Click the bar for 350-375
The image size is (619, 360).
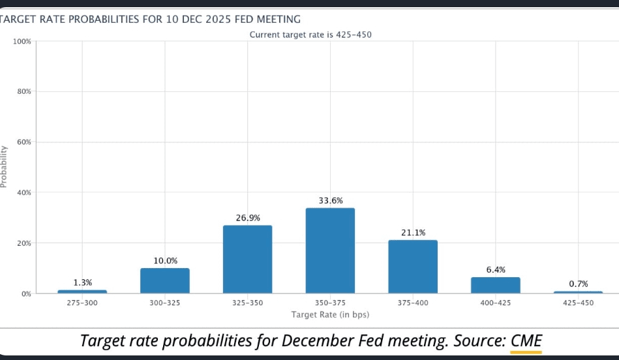click(x=330, y=250)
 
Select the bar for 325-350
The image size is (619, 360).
click(x=247, y=259)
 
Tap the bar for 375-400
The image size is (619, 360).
click(x=413, y=266)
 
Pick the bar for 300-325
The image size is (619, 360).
click(x=165, y=280)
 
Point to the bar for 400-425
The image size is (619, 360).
click(x=496, y=285)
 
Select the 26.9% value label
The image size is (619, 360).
click(x=248, y=217)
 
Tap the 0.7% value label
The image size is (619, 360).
click(x=579, y=284)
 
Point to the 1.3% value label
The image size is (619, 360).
click(x=83, y=282)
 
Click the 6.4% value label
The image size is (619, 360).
click(x=496, y=269)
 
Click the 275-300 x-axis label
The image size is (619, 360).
click(x=82, y=303)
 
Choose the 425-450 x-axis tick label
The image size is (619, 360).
click(x=578, y=303)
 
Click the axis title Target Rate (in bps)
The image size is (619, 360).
click(x=330, y=314)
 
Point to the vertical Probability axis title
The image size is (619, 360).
click(x=5, y=167)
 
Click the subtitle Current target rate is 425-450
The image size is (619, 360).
click(x=310, y=34)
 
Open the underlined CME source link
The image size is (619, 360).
click(x=526, y=340)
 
